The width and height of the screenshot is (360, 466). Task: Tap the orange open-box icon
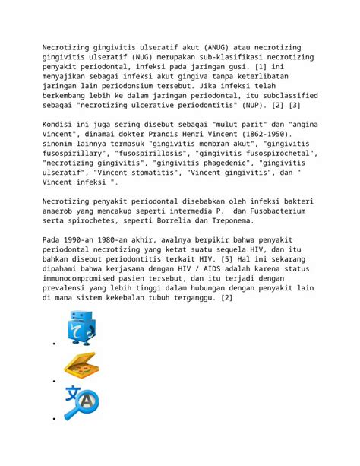click(81, 366)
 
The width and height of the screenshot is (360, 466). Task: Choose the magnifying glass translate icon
click(81, 403)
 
